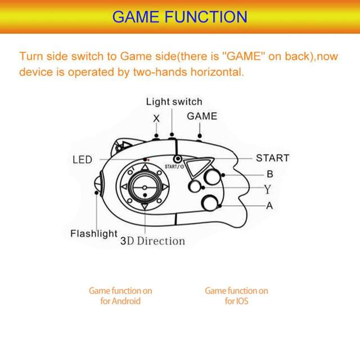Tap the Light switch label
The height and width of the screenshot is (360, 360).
click(174, 102)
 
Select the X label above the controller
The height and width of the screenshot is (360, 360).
click(156, 118)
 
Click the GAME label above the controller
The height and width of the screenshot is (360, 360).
click(201, 116)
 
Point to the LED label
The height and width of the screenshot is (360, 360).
click(82, 160)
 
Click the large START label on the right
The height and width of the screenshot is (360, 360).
click(272, 158)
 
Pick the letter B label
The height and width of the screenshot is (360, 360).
click(270, 174)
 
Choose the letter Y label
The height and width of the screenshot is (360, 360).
click(268, 190)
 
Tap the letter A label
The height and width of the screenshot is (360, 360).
click(269, 206)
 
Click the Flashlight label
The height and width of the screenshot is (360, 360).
click(94, 233)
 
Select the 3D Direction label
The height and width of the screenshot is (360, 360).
click(152, 241)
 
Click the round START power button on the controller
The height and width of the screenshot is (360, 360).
click(177, 159)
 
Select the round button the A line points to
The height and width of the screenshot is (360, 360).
click(211, 202)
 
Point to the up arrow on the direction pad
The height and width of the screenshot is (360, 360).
click(145, 167)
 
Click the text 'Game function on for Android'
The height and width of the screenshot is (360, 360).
click(120, 296)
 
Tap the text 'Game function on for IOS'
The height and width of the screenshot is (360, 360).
click(236, 296)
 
